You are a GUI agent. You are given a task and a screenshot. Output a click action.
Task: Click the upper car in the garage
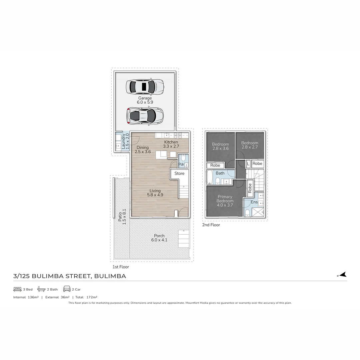point(144,87)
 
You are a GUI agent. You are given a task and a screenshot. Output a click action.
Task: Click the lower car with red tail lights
point(145,116)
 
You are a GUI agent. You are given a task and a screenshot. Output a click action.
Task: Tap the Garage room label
point(145,98)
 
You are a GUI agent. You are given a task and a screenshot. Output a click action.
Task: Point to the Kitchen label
point(171,142)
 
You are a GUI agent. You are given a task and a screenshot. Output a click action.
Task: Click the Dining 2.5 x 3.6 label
point(143,150)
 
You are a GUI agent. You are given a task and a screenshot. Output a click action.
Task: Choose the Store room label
point(179,173)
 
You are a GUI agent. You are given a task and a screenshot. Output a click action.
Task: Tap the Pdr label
point(181,164)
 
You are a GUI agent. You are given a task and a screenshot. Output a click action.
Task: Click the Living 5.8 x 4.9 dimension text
point(155,195)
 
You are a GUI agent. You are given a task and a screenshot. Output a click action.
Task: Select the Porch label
point(159,236)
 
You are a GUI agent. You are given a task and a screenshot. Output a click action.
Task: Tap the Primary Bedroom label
point(225,199)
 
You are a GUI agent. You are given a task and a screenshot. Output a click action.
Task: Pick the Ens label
point(254,202)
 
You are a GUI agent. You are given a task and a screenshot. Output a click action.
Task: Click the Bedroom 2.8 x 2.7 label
point(250,145)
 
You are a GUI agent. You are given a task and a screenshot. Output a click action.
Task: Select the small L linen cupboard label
point(248,164)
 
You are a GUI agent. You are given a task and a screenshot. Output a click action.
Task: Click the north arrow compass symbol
point(342,275)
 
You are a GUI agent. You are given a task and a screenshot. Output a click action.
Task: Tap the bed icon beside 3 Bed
point(17,289)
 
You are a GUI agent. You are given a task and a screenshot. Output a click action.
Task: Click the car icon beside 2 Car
point(67,289)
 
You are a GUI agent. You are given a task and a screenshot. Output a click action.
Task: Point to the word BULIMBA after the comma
point(110,276)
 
